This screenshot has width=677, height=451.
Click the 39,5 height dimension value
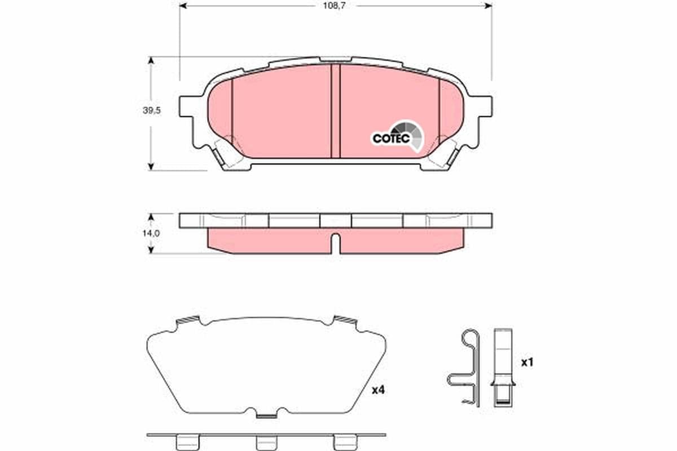tap(152, 111)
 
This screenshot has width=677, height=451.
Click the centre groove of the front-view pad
tap(335, 111)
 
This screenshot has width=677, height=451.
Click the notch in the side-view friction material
tap(335, 244)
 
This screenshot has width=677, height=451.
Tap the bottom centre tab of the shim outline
tap(266, 415)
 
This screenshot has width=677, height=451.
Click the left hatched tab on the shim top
tap(188, 320)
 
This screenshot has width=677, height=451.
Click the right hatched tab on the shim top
tap(345, 320)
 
